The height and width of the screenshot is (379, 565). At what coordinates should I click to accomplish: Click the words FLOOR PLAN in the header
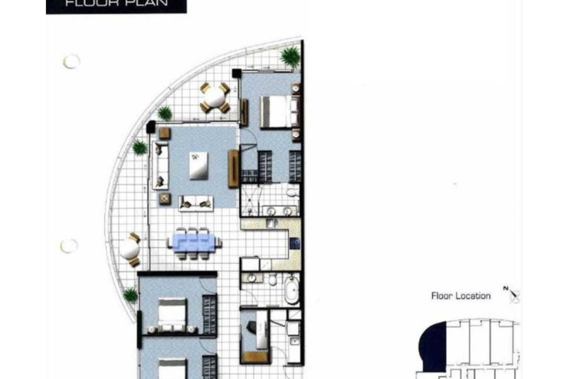117,3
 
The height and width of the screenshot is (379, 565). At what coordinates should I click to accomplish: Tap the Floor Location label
461,296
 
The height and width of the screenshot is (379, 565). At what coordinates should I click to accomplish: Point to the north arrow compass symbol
512,294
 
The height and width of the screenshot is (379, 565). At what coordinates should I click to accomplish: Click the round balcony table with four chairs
215,98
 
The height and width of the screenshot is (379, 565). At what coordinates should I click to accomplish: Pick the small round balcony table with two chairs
130,249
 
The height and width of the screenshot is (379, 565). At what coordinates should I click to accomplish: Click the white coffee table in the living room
198,166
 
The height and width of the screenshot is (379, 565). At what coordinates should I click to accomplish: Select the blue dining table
194,242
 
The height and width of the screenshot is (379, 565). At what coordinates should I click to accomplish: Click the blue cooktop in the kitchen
295,243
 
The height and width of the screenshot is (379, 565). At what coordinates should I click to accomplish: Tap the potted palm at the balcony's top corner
290,56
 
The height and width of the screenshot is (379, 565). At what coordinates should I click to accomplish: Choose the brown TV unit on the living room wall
233,168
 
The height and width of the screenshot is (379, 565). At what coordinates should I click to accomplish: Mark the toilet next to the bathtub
273,279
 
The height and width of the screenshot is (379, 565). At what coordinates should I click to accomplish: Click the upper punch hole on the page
71,61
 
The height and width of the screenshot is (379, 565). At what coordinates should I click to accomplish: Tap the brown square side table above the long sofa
165,133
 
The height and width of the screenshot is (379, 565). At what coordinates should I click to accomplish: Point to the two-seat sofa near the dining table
196,203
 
